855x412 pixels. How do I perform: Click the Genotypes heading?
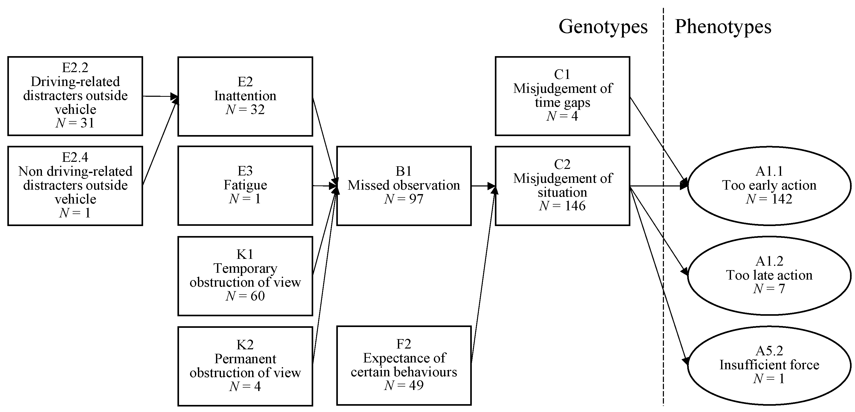click(x=603, y=26)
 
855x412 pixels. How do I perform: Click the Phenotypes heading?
click(x=723, y=26)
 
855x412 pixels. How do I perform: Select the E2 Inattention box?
click(x=245, y=96)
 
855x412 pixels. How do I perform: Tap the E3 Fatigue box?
click(x=245, y=185)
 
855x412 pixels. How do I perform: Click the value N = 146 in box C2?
click(x=562, y=206)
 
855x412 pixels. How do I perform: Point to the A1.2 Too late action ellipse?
click(x=769, y=275)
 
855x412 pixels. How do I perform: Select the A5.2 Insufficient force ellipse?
click(x=769, y=365)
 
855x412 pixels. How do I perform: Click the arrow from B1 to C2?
click(x=483, y=186)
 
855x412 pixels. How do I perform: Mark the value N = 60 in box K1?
click(x=245, y=296)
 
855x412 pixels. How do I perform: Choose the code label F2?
click(x=404, y=344)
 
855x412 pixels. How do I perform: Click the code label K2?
click(x=245, y=345)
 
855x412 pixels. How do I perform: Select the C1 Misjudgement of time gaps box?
click(x=562, y=96)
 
